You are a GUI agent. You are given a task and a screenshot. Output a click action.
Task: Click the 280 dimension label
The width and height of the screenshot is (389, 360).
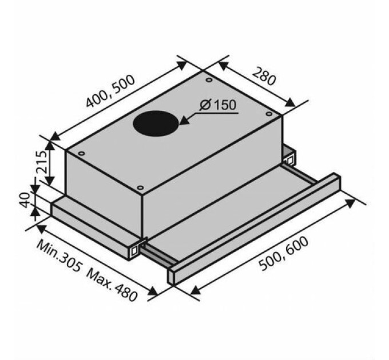[264, 76]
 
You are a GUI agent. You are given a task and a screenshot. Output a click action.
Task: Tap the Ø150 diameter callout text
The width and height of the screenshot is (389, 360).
[217, 105]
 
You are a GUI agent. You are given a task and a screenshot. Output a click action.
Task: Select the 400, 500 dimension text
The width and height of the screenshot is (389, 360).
[110, 91]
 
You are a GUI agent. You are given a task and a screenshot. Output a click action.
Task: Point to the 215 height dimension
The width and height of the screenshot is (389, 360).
[41, 162]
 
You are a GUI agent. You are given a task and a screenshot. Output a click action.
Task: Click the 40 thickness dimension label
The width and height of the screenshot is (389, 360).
[25, 199]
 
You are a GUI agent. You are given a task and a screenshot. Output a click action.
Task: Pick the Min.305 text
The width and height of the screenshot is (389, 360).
[59, 256]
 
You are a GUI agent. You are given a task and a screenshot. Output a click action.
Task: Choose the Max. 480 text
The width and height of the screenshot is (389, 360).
[112, 285]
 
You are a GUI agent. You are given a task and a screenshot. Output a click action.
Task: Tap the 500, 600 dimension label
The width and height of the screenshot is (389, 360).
[284, 253]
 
